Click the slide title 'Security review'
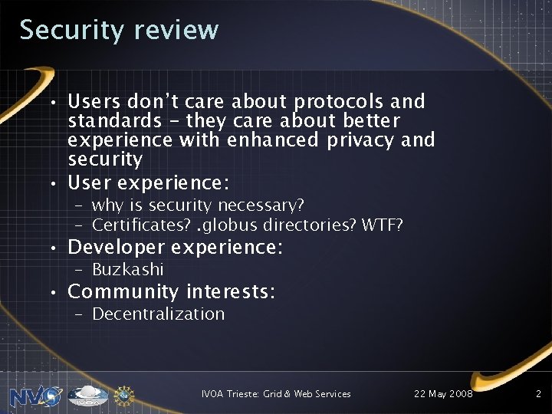click(x=119, y=30)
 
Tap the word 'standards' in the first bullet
click(x=111, y=121)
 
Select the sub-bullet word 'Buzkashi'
click(x=127, y=270)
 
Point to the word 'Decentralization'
click(x=158, y=314)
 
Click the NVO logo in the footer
click(x=36, y=396)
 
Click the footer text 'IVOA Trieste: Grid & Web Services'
click(x=276, y=394)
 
